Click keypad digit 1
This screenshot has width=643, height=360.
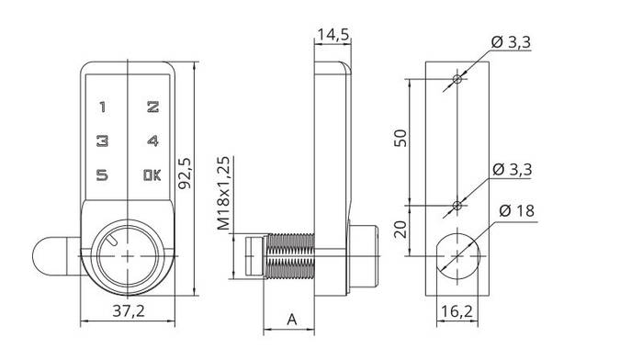coord(103,107)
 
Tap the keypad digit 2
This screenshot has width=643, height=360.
coord(153,107)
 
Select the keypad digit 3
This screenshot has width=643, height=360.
coord(102,141)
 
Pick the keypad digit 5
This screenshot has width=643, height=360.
coord(102,175)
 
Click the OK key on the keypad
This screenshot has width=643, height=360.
coord(152,175)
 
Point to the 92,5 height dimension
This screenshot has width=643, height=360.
coord(186,173)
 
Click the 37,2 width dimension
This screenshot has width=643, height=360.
coord(129,311)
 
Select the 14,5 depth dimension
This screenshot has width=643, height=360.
coord(333,35)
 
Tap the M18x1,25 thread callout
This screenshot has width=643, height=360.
coord(223,193)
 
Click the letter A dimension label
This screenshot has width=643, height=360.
coord(291,319)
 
